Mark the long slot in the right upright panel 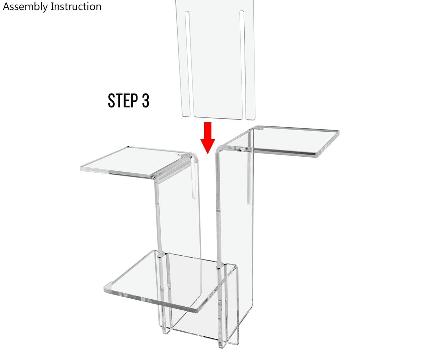[x=249, y=175]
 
